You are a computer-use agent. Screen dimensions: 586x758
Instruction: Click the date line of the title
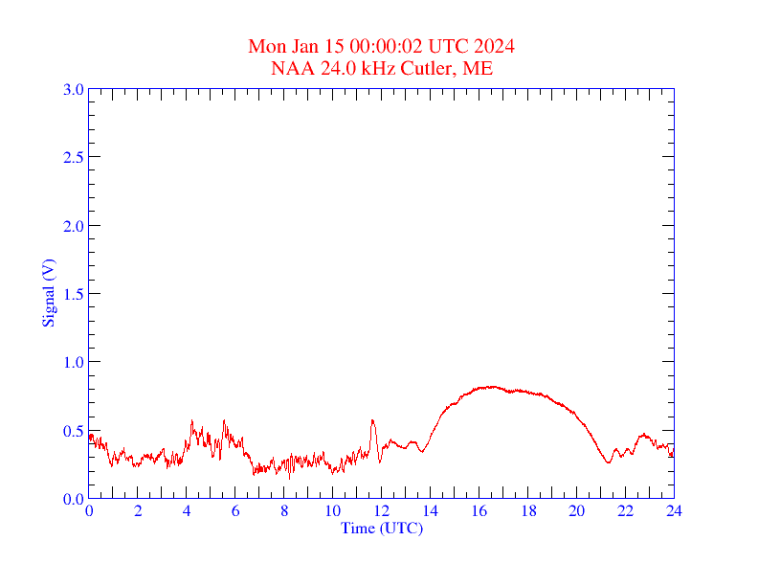pyautogui.click(x=382, y=47)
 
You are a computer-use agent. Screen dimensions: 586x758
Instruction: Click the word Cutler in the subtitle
pyautogui.click(x=428, y=68)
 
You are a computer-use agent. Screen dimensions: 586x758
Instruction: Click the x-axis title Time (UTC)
pyautogui.click(x=382, y=528)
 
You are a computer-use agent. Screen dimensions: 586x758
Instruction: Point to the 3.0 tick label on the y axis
pyautogui.click(x=73, y=89)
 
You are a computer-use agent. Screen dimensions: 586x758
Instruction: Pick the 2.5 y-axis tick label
pyautogui.click(x=73, y=157)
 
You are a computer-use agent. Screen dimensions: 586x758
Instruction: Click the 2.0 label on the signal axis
pyautogui.click(x=73, y=226)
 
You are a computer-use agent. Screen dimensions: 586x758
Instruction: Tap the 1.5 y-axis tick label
pyautogui.click(x=73, y=294)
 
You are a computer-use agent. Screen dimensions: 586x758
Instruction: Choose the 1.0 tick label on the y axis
pyautogui.click(x=73, y=362)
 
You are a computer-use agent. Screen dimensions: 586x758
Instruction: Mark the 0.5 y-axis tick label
pyautogui.click(x=73, y=431)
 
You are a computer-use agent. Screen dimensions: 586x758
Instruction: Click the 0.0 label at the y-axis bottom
pyautogui.click(x=73, y=499)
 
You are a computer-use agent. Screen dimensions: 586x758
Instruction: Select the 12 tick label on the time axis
pyautogui.click(x=382, y=511)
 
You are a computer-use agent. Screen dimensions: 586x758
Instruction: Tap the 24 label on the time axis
pyautogui.click(x=674, y=511)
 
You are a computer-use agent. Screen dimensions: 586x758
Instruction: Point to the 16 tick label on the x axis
pyautogui.click(x=479, y=511)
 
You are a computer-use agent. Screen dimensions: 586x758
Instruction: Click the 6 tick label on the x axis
pyautogui.click(x=235, y=511)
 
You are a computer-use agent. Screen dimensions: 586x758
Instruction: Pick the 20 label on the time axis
pyautogui.click(x=576, y=511)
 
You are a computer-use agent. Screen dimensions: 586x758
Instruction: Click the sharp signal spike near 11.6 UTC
pyautogui.click(x=372, y=420)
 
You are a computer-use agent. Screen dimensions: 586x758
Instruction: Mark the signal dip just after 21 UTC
pyautogui.click(x=608, y=462)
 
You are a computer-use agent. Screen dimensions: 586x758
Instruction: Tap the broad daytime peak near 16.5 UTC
pyautogui.click(x=491, y=387)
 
